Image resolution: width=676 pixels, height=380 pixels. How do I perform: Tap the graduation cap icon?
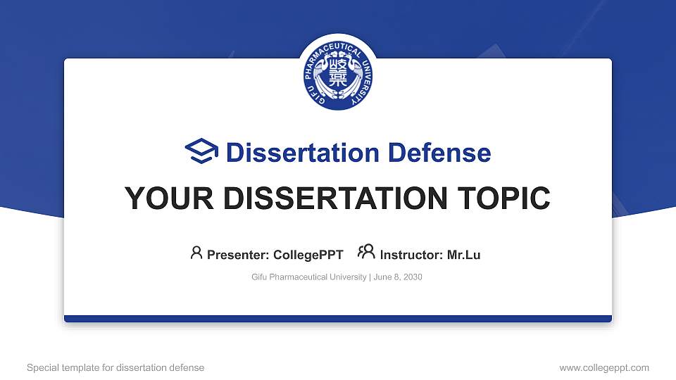(201, 151)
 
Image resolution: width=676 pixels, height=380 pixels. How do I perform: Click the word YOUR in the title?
(161, 198)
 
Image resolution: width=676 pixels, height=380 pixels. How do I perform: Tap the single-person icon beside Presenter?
(196, 253)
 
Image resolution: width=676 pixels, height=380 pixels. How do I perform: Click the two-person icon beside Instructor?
(366, 253)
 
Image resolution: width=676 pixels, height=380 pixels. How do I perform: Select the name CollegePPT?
(308, 255)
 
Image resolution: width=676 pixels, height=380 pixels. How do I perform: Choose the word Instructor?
(412, 255)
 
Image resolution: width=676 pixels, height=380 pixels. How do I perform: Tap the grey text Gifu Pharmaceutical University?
(309, 277)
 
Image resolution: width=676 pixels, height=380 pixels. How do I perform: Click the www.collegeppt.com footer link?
(603, 367)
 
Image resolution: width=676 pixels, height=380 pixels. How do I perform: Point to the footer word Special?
(42, 367)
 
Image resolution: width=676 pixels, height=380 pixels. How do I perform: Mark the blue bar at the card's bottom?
(338, 319)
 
